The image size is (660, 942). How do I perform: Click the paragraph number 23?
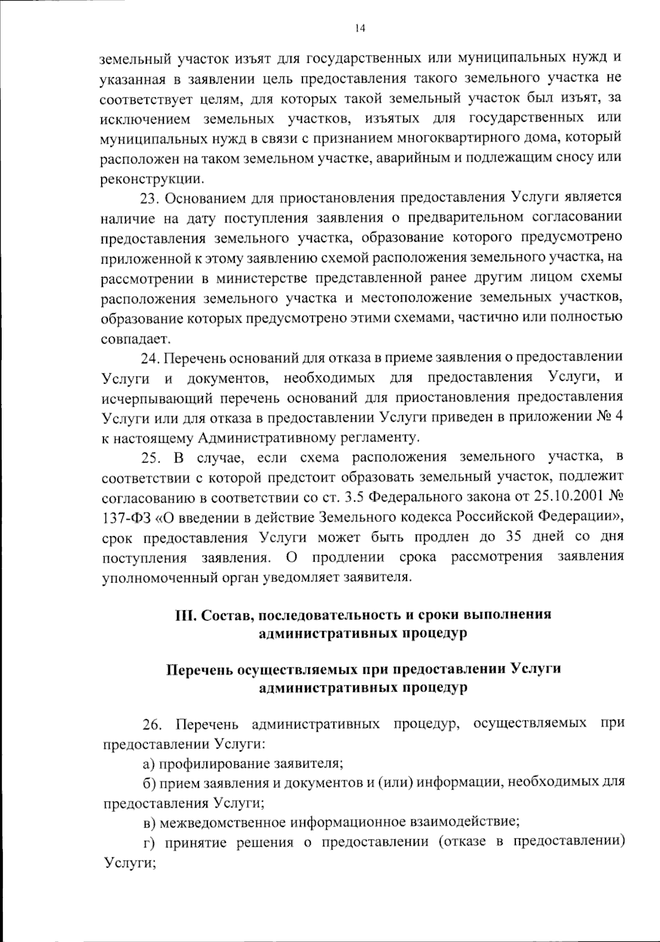click(x=149, y=198)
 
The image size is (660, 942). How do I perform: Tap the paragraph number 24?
click(x=149, y=358)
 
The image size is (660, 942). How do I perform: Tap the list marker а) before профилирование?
click(x=148, y=764)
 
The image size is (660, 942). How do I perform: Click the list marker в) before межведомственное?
click(x=148, y=824)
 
